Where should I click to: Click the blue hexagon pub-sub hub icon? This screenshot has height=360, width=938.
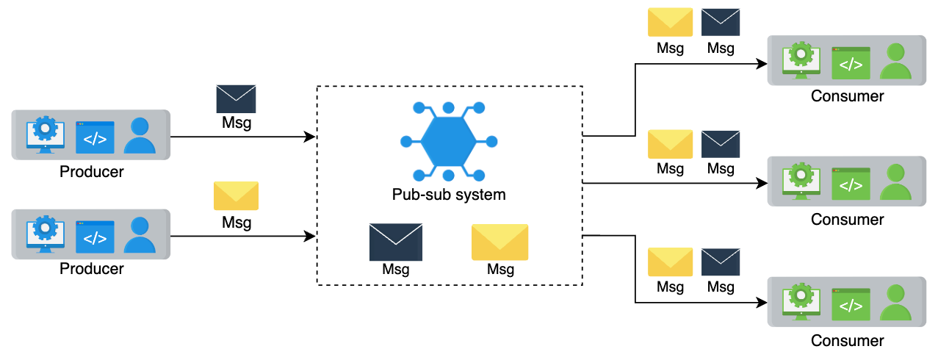tap(449, 142)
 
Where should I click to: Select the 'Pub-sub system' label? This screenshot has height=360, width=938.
tap(449, 195)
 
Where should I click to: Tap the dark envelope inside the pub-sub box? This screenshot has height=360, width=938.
tap(396, 242)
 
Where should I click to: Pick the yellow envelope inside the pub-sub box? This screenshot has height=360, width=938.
tap(499, 242)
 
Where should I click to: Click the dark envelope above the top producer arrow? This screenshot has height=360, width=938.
tap(236, 98)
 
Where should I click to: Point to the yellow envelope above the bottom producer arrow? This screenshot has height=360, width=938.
tap(236, 195)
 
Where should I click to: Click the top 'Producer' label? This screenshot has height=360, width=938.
tap(91, 172)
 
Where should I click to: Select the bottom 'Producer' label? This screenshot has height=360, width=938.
tap(91, 269)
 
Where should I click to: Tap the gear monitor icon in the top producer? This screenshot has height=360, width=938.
tap(46, 134)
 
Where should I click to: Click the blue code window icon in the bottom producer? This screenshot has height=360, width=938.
tap(95, 237)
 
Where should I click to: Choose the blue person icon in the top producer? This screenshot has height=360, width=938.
tap(140, 134)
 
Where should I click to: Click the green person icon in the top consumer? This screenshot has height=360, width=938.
tap(895, 61)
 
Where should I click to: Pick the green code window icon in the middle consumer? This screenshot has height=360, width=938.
tap(851, 184)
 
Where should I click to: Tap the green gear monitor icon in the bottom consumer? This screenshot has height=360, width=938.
tap(801, 301)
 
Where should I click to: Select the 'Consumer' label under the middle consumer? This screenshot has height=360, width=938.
tap(847, 220)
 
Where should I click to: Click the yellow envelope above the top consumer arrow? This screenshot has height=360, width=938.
tap(670, 22)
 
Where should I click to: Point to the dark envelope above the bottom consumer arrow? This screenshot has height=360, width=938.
tap(721, 262)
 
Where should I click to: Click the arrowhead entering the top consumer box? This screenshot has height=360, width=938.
tap(762, 64)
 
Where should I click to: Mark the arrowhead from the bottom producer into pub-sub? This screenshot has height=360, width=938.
tap(310, 236)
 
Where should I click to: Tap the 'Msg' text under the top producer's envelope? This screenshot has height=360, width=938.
tap(237, 123)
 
